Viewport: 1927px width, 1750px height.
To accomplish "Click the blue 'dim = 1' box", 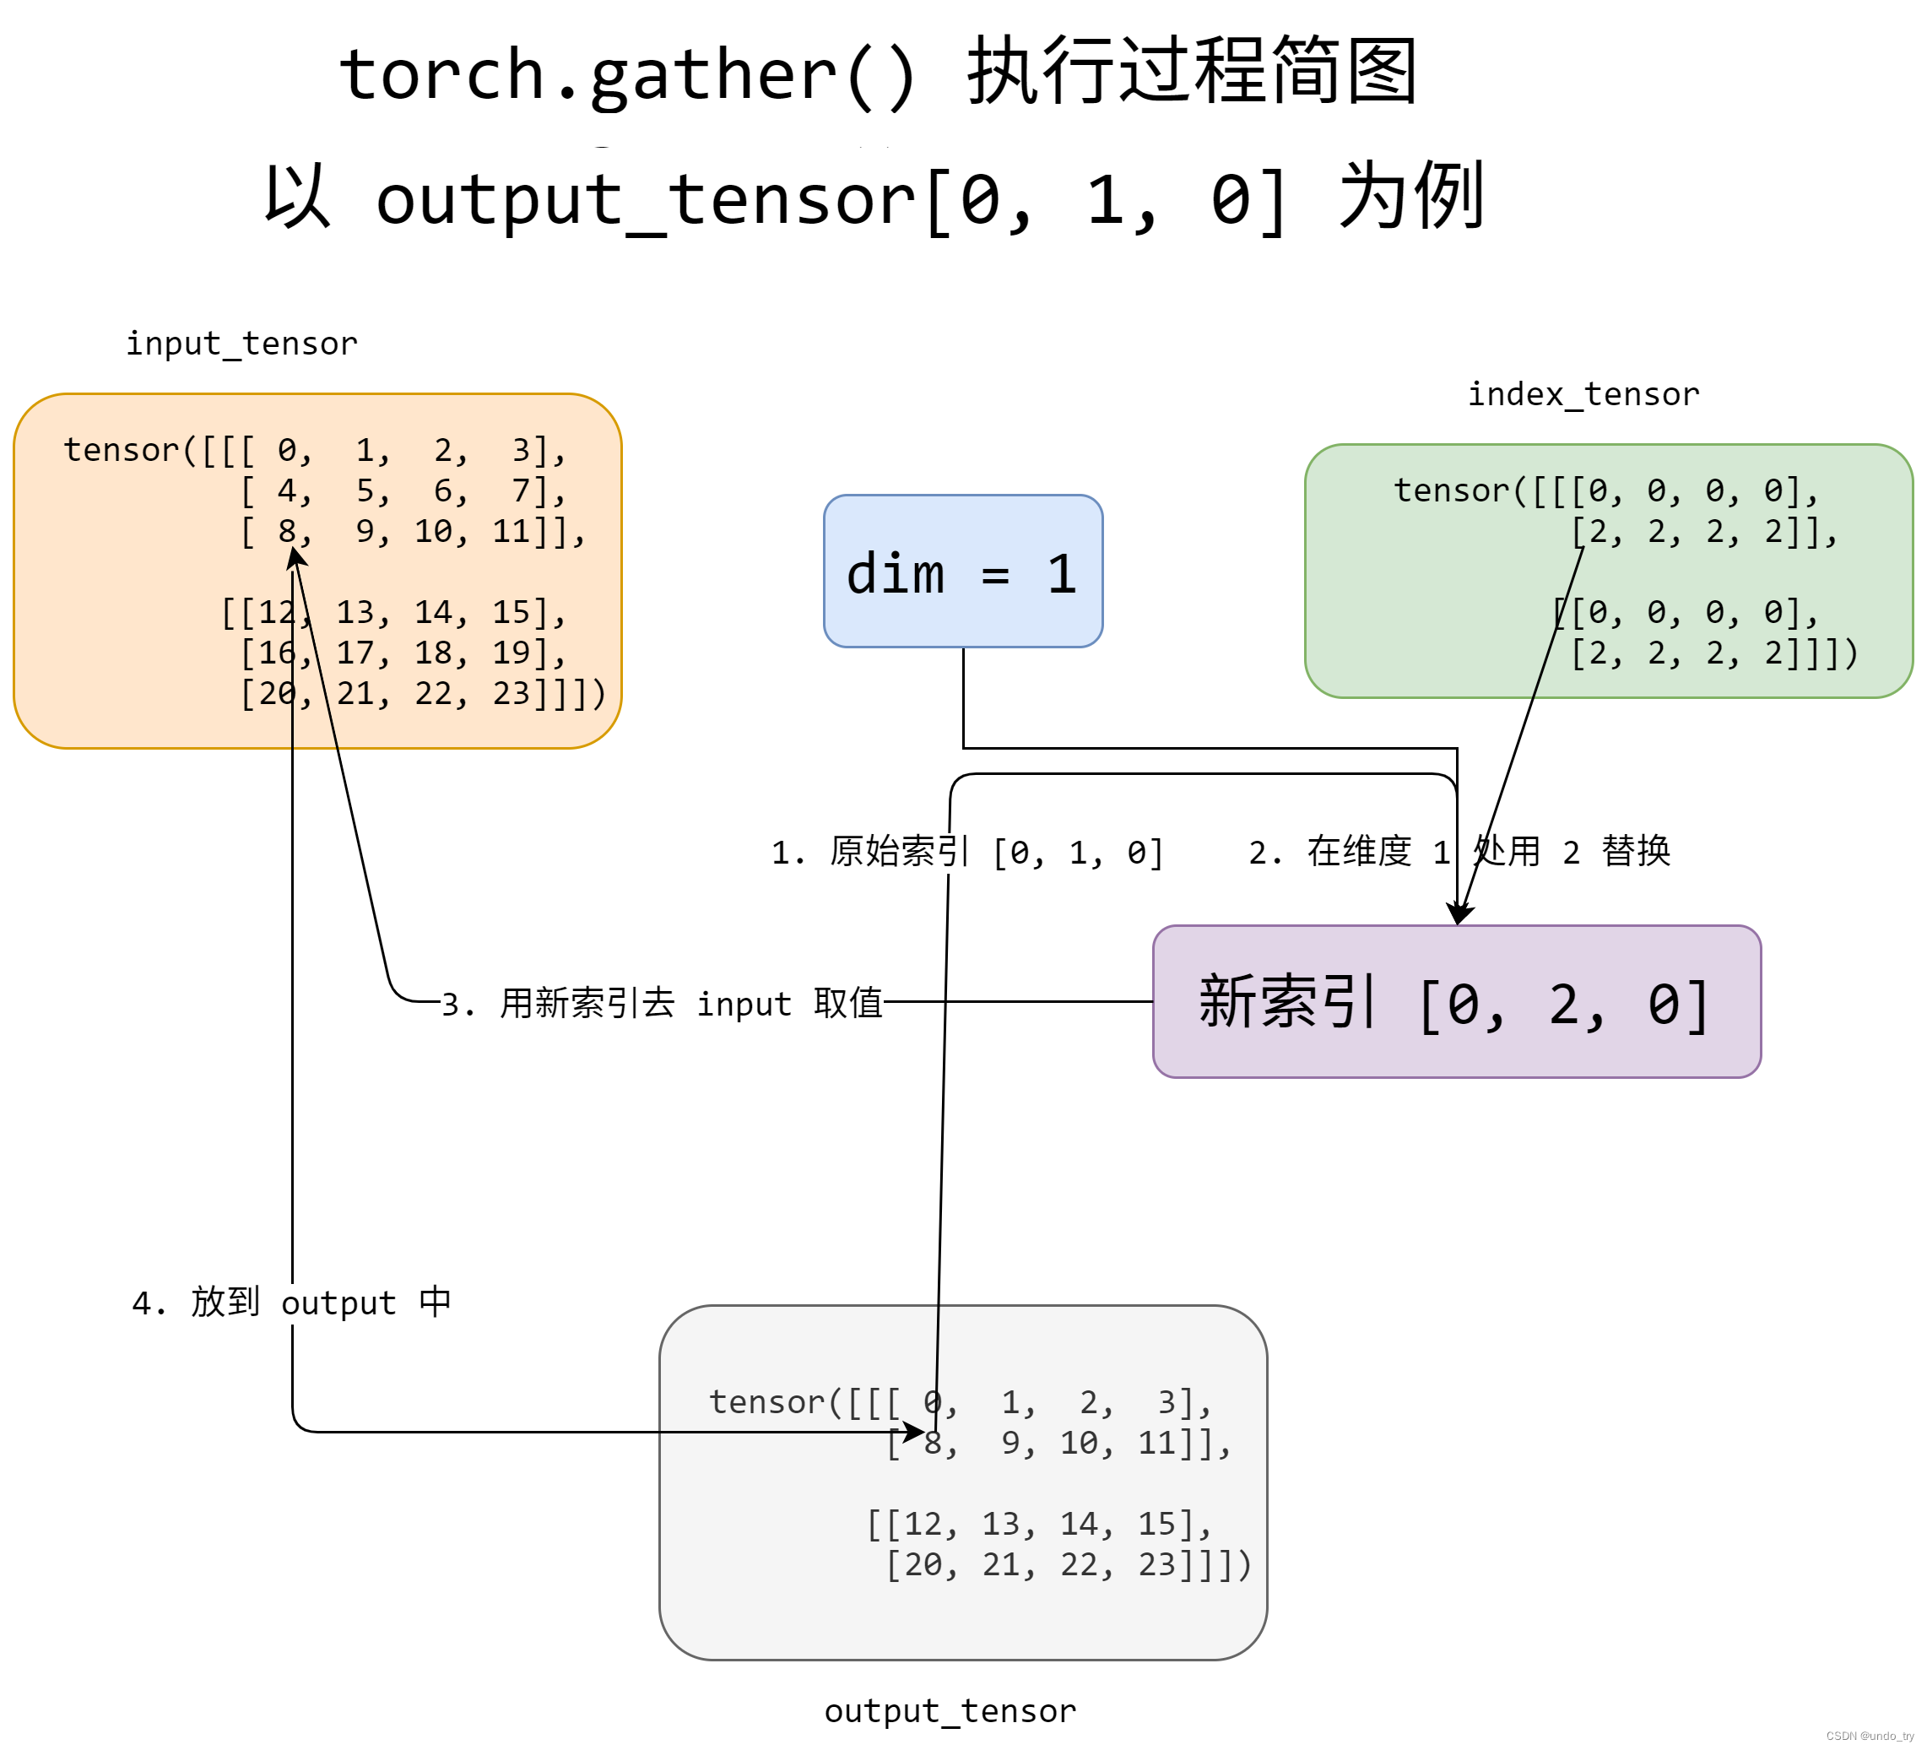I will click(x=962, y=572).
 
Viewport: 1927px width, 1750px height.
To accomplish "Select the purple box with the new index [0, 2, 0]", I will click(x=1456, y=1002).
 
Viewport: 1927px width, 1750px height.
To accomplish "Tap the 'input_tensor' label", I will click(x=242, y=343).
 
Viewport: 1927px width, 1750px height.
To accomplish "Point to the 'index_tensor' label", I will click(x=1583, y=393).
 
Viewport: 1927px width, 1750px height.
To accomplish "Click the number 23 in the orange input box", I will click(x=512, y=693).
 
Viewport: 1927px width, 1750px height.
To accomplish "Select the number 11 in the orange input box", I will click(x=512, y=531).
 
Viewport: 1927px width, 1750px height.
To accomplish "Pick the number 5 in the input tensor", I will click(x=366, y=491).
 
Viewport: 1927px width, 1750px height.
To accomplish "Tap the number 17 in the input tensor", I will click(x=355, y=653).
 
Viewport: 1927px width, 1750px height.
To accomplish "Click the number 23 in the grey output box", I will click(x=1157, y=1564).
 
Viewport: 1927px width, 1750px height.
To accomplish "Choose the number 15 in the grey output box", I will click(x=1157, y=1524).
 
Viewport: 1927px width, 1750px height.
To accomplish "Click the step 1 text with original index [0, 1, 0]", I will click(x=966, y=852).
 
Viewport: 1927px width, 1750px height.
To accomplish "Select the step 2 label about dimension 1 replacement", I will click(x=1459, y=851).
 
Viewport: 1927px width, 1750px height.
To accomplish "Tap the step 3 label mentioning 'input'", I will click(x=662, y=1004).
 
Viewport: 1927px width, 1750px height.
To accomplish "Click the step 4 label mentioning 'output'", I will click(x=291, y=1302).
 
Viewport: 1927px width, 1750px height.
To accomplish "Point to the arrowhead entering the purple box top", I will click(x=1458, y=914).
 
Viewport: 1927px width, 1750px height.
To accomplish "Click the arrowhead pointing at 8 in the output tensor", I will click(x=915, y=1432).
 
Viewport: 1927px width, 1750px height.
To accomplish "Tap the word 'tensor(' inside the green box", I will click(x=1452, y=490).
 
